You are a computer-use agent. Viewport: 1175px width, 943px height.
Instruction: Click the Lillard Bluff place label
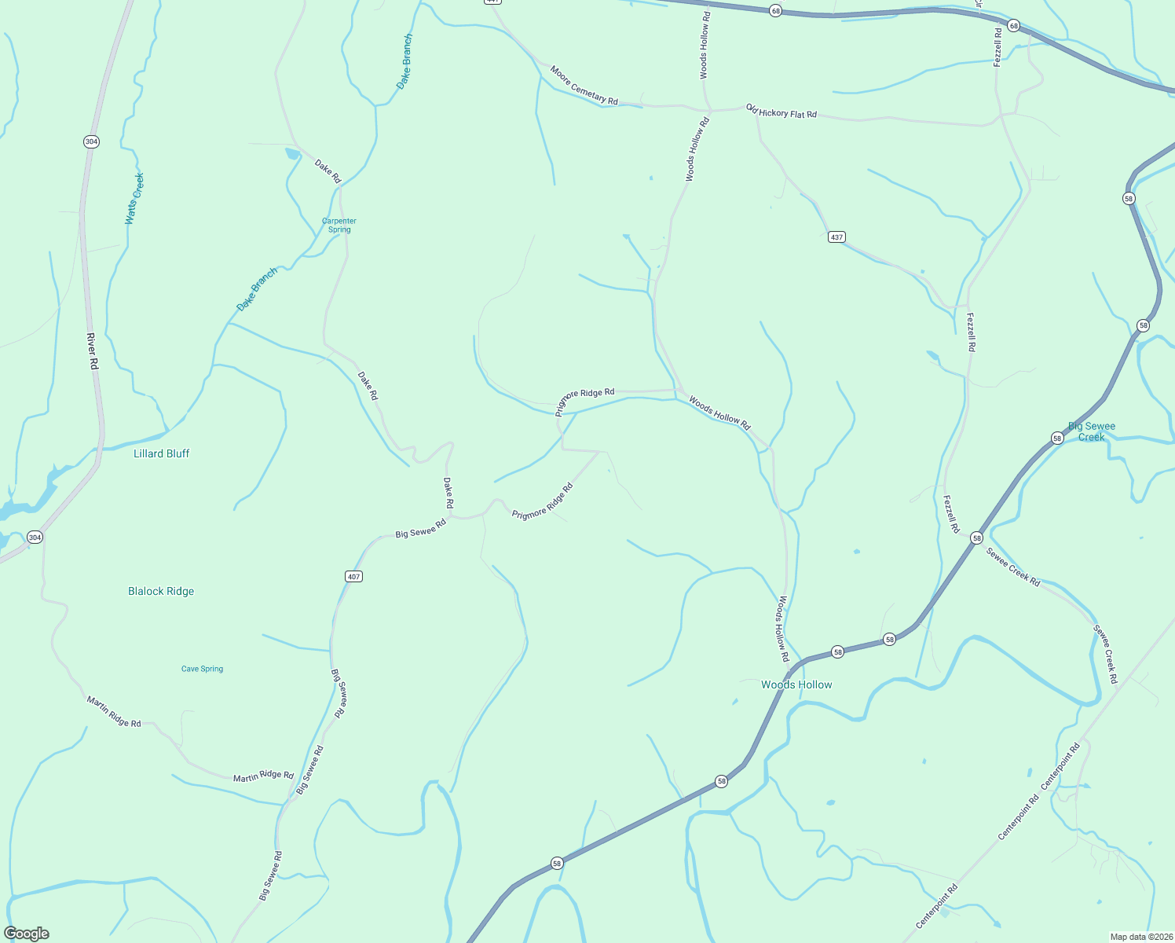tap(161, 453)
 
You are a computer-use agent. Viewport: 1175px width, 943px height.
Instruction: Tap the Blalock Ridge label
tap(161, 591)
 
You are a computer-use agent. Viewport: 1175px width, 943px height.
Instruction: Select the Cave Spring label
tap(202, 669)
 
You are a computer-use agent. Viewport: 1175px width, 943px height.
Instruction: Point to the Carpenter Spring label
tap(339, 226)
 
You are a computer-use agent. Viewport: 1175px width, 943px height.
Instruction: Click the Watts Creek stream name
tap(135, 199)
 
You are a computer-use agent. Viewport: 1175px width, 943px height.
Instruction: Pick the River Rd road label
tap(93, 352)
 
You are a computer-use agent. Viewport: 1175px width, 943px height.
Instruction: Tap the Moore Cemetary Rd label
tap(584, 86)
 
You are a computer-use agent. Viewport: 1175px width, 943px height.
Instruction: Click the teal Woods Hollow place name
tap(796, 684)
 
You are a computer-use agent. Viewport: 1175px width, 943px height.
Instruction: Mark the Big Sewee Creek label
tap(1092, 431)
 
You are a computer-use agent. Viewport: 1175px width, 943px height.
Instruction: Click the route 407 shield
tap(353, 577)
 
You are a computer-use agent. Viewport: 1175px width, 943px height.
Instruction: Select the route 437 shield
tap(836, 237)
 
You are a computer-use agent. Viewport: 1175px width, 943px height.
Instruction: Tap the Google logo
tap(27, 934)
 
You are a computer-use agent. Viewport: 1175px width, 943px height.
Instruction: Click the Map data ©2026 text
tap(1140, 937)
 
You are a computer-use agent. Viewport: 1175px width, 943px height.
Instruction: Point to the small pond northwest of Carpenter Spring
tap(292, 154)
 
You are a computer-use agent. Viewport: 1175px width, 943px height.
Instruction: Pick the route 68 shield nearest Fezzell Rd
tap(1014, 26)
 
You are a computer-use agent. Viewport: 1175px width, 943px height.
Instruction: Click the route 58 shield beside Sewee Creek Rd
tap(976, 538)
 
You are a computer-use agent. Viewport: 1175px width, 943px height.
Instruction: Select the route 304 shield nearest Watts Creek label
tap(91, 141)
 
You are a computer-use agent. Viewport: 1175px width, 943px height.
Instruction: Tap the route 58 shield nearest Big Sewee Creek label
tap(1057, 438)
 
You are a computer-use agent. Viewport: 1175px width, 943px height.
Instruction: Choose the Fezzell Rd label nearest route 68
tap(998, 47)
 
